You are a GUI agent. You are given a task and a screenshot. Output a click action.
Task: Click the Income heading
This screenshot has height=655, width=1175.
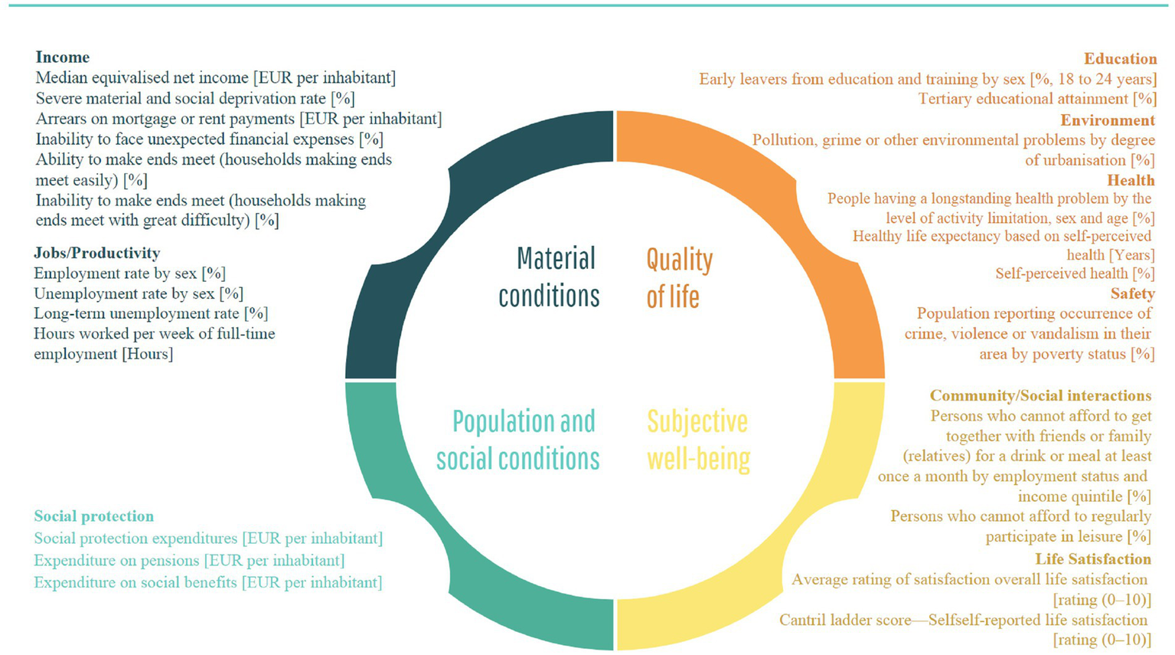(x=63, y=57)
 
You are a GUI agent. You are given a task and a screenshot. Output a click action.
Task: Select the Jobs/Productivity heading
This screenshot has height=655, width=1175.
(x=97, y=253)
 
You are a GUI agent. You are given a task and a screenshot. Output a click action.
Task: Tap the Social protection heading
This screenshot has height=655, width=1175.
(x=94, y=516)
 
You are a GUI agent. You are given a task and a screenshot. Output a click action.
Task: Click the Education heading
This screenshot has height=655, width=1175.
(x=1121, y=58)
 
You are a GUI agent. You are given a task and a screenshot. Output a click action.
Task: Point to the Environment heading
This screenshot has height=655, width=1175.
(x=1108, y=120)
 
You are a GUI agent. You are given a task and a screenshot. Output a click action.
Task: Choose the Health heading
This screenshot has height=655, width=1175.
(x=1131, y=180)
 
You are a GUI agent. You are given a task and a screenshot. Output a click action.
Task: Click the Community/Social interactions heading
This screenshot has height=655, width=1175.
(x=1041, y=395)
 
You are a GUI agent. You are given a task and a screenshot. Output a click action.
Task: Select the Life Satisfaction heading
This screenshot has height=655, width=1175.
(x=1093, y=559)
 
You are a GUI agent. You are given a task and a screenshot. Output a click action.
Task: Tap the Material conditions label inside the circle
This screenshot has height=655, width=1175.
(x=549, y=277)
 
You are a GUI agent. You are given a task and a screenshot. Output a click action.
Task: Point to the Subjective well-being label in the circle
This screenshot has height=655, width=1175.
(x=698, y=440)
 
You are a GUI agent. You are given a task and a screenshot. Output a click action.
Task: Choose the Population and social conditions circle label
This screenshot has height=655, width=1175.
(x=518, y=440)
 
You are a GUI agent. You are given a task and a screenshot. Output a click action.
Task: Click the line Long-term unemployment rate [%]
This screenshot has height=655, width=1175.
(x=151, y=313)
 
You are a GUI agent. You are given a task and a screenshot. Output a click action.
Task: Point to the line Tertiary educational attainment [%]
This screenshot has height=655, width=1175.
(x=1037, y=99)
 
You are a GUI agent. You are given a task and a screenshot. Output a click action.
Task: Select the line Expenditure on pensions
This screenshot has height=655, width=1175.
(x=189, y=561)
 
